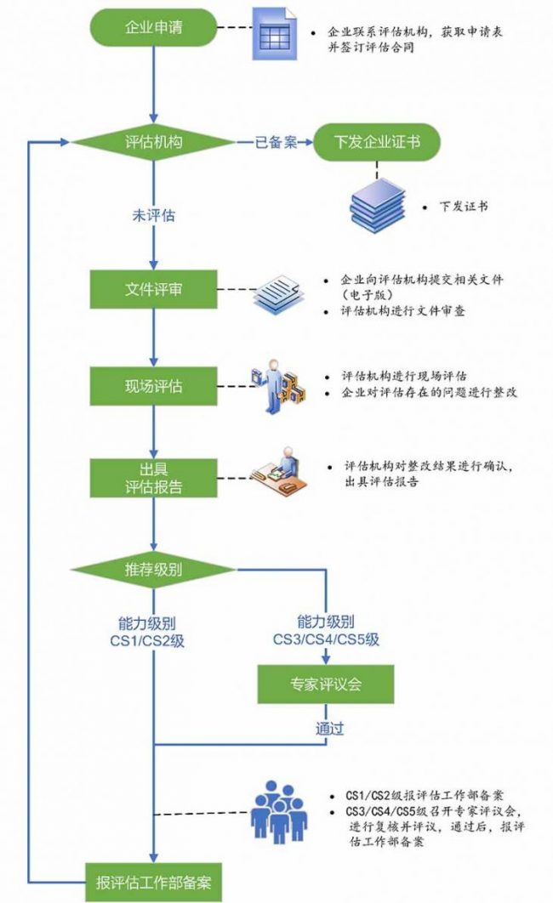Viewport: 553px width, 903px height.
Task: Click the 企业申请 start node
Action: (x=154, y=30)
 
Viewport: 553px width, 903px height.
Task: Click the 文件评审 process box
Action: (x=154, y=290)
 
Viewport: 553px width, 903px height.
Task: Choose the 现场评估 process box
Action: (x=154, y=386)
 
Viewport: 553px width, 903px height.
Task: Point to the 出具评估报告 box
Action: (x=154, y=480)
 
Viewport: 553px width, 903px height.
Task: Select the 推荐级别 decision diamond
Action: (x=154, y=570)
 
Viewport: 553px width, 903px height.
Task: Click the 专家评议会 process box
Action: (x=327, y=684)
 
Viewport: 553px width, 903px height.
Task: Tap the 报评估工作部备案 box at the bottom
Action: (x=154, y=882)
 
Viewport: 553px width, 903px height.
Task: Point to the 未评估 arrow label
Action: (x=153, y=216)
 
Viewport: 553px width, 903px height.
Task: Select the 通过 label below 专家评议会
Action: (x=328, y=728)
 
